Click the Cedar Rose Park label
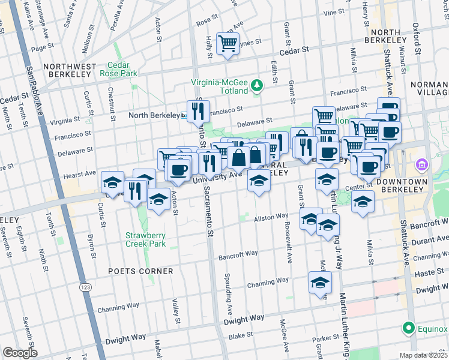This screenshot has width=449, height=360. click(122, 69)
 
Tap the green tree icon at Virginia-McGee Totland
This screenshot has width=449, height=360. click(257, 85)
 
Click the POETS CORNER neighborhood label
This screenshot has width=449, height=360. click(140, 271)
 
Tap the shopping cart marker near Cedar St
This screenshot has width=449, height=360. click(228, 43)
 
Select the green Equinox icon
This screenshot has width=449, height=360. click(409, 328)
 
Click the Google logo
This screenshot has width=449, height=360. click(19, 353)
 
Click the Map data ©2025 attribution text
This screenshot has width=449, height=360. click(424, 355)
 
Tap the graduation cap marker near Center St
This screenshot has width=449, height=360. click(363, 202)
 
